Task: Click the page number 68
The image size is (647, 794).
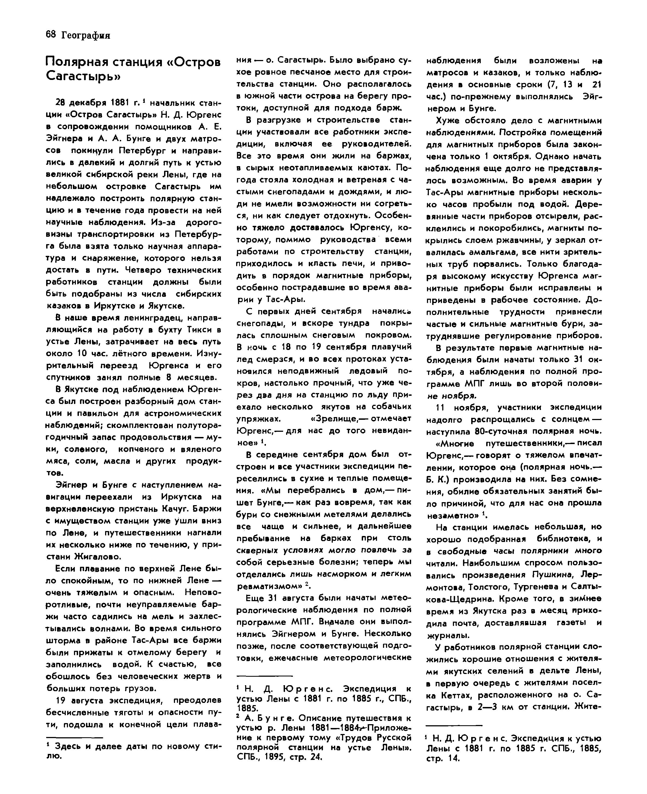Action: (50, 35)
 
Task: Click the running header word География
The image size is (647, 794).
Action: (85, 35)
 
